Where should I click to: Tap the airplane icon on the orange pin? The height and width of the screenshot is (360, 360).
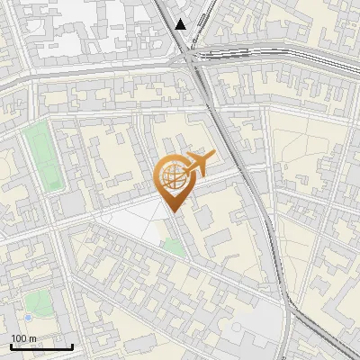pos(198,163)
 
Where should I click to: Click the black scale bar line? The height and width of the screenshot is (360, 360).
pos(40,346)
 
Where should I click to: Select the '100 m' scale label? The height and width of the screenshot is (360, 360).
pos(24,338)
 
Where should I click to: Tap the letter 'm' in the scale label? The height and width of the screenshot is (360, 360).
pos(33,338)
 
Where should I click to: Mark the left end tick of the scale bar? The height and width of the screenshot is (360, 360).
pos(10,345)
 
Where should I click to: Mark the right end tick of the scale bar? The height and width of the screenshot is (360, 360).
pos(72,345)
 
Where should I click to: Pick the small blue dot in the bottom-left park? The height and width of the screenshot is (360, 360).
pos(28,318)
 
